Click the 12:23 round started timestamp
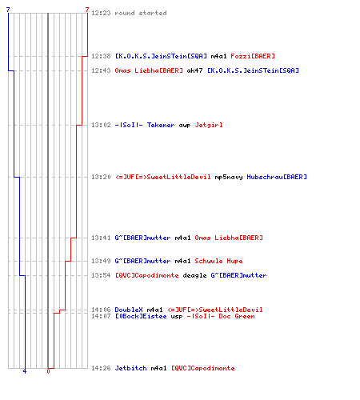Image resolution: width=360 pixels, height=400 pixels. pos(101,13)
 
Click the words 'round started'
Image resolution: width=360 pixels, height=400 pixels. pos(141,13)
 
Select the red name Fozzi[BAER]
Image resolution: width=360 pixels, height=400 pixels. pos(253,56)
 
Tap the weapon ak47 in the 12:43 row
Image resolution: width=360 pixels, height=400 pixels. pos(194,70)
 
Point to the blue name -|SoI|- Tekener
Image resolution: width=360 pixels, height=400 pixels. pos(145,125)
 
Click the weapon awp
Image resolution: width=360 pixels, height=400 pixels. pos(185,126)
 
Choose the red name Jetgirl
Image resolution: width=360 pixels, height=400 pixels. pos(209,125)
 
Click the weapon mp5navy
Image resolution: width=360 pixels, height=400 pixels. pos(229,177)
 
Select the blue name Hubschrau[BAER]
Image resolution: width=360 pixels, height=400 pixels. pos(277,177)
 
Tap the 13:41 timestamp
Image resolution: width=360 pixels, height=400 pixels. pos(101,238)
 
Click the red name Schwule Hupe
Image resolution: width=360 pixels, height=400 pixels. pos(218,261)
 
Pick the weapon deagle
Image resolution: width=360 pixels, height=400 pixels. pos(194,275)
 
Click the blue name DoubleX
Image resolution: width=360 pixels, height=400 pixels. pos(129,310)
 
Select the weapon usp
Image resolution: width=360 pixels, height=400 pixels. pos(177,317)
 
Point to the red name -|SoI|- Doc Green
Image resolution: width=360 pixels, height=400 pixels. pos(221,316)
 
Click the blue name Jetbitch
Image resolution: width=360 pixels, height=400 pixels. pos(130,368)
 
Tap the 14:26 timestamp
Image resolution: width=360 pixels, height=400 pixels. pos(101,368)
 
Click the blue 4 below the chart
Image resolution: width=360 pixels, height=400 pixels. pos(25,371)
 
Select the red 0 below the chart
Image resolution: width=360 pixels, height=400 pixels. pos(48,371)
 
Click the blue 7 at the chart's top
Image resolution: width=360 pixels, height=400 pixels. pos(8,10)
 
